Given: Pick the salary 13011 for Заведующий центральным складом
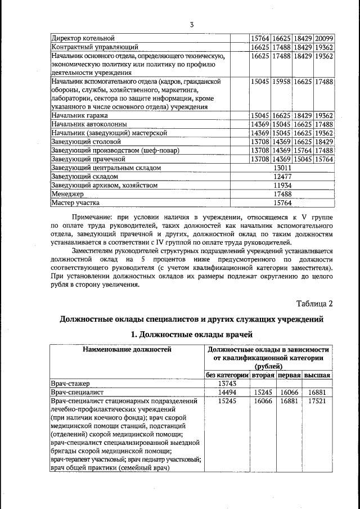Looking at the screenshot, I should pyautogui.click(x=282, y=168).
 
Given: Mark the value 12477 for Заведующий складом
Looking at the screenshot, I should pyautogui.click(x=282, y=176).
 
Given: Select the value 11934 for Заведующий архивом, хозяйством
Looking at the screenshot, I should pyautogui.click(x=282, y=185).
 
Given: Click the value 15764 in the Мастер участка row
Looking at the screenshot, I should pyautogui.click(x=282, y=202).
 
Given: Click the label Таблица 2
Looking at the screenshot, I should pyautogui.click(x=314, y=304).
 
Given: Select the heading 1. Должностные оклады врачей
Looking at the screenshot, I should pyautogui.click(x=192, y=335).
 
